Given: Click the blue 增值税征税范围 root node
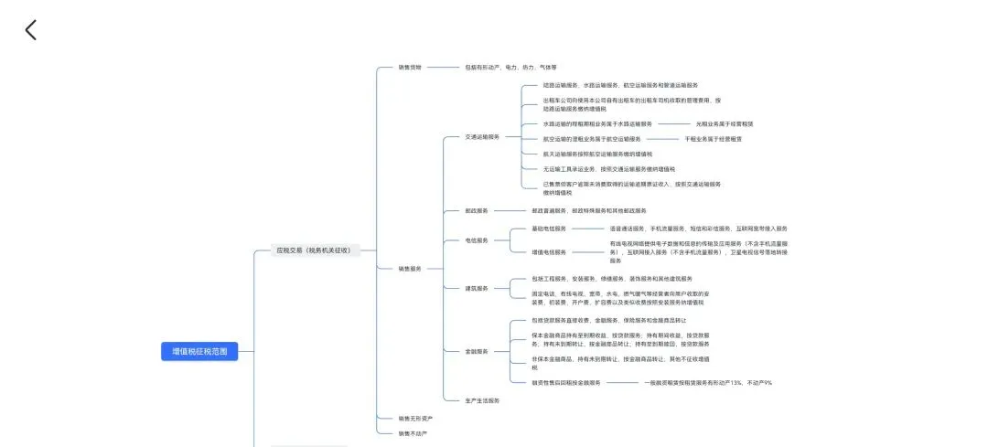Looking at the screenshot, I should tap(199, 351).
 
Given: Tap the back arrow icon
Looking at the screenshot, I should tap(31, 30).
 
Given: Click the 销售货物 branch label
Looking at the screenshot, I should tap(410, 67).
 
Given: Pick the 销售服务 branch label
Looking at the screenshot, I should tap(410, 269).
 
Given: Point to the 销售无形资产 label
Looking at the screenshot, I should tap(414, 418).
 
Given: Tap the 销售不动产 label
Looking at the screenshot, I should tap(413, 433).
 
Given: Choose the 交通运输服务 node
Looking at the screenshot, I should tap(482, 137).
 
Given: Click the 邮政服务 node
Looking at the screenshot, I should tap(477, 210).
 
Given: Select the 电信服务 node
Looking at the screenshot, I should tap(477, 240).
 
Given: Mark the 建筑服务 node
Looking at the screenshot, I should tap(477, 288).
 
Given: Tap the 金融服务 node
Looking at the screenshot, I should tap(477, 351).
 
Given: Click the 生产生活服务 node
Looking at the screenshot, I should tap(482, 400).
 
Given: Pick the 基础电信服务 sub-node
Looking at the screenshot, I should tap(549, 229).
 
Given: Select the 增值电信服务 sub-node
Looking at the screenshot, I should tap(549, 251).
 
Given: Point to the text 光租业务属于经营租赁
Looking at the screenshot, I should tap(724, 123).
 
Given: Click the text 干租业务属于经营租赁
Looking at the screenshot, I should tap(713, 139).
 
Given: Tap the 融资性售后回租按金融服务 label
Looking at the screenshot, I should tap(565, 382).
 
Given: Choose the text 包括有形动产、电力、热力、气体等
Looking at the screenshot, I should tap(510, 67).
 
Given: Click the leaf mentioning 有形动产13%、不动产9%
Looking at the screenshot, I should tap(707, 382).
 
